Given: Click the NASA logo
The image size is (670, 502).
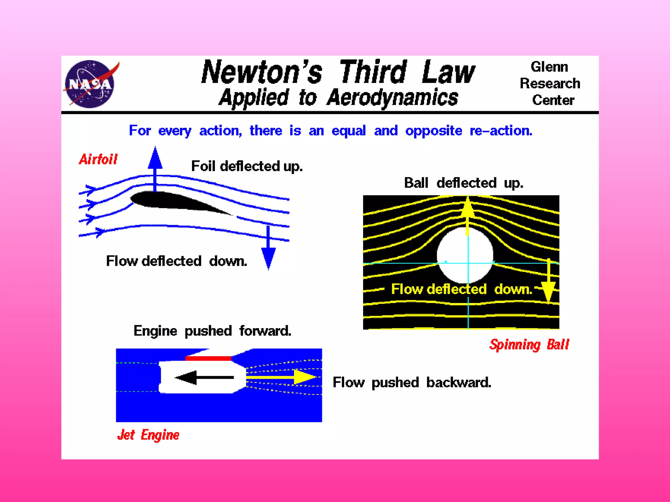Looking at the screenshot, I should tap(90, 84).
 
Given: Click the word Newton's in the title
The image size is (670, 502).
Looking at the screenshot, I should tap(262, 72).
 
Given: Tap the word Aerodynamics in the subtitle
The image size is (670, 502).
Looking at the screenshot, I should tap(392, 98).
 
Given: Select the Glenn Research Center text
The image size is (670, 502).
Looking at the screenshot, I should tap(550, 83).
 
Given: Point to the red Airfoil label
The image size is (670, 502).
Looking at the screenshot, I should tap(98, 159).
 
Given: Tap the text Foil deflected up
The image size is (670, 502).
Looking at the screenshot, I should tap(247, 166).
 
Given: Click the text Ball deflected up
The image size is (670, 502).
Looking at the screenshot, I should tap(463, 183).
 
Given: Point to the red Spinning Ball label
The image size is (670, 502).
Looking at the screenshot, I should tap(529, 345).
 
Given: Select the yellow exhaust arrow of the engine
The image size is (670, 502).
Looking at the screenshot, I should tap(281, 377).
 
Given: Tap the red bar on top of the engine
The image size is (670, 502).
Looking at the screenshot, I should tap(208, 359).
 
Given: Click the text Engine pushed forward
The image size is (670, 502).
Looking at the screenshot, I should tap(212, 331).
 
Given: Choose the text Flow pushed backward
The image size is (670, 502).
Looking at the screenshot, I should tap(412, 382).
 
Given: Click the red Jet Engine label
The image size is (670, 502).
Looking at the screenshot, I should tap(148, 435).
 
